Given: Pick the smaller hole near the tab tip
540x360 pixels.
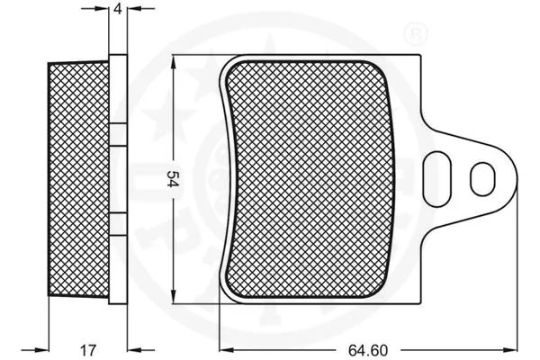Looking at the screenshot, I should pos(483,176).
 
